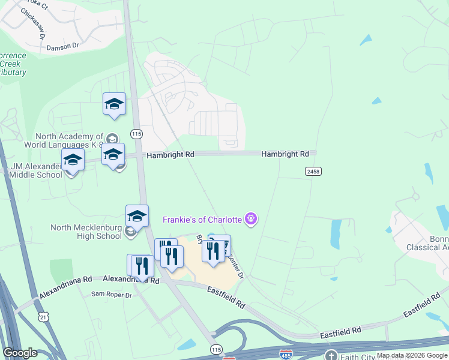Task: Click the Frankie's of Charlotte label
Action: [202, 220]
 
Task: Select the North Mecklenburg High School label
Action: [86, 232]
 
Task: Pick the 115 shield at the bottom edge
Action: [215, 349]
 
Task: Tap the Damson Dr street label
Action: [63, 46]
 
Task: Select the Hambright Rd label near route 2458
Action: [285, 154]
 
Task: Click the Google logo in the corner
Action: [20, 353]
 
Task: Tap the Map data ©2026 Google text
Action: [412, 356]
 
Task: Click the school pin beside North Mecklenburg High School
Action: [137, 217]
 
